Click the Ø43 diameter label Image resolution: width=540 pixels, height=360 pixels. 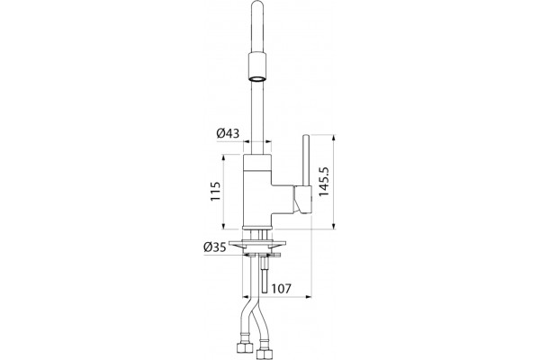tap(228, 133)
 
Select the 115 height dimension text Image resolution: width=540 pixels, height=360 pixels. tap(215, 192)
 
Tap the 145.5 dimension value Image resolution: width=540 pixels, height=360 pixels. tap(324, 182)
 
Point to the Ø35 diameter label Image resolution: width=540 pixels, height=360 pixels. tap(214, 247)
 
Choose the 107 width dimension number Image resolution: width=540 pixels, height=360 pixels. tap(282, 288)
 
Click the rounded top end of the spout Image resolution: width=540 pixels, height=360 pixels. tap(258, 4)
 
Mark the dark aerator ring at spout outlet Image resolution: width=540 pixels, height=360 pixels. tap(257, 79)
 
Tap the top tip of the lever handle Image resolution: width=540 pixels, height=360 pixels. tap(306, 136)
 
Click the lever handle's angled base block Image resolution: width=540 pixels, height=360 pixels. tap(302, 200)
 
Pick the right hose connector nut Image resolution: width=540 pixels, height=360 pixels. tap(264, 355)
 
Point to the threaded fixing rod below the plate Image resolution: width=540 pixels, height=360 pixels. tap(265, 274)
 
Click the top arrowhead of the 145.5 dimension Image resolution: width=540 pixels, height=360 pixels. tap(333, 139)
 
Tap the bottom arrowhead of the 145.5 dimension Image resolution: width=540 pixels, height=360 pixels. tap(333, 225)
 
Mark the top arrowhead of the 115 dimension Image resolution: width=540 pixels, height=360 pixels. tap(223, 157)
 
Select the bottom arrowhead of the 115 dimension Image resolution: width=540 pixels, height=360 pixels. tap(223, 225)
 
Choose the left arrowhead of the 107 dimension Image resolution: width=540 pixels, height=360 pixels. tap(247, 296)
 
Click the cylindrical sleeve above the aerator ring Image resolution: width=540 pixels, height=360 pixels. tap(257, 65)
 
